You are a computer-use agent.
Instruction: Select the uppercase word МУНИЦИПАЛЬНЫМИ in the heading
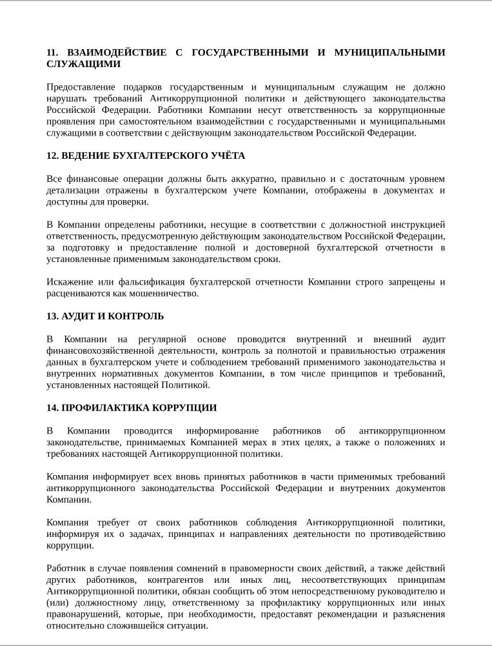pyautogui.click(x=389, y=52)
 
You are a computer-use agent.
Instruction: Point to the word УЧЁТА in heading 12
pyautogui.click(x=228, y=156)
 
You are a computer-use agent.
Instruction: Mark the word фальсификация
pyautogui.click(x=147, y=282)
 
